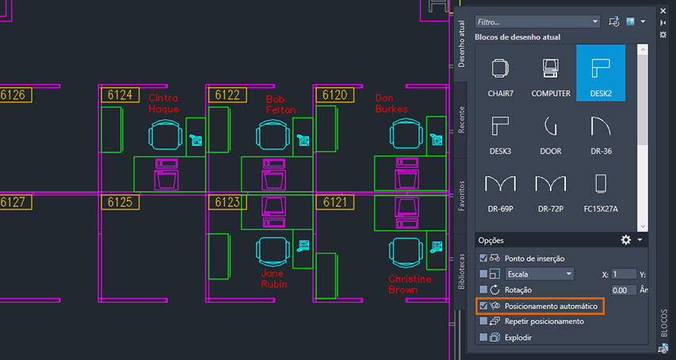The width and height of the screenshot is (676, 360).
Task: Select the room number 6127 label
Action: (x=15, y=202)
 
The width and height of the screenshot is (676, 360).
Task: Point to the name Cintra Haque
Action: (x=163, y=104)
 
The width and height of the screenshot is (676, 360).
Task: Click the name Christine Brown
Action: (x=410, y=284)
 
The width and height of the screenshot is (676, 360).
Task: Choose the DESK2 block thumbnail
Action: (x=600, y=73)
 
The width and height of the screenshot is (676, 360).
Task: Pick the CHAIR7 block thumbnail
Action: (x=500, y=73)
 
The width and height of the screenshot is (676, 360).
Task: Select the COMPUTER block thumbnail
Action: (x=550, y=73)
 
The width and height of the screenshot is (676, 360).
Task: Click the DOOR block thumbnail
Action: (x=550, y=131)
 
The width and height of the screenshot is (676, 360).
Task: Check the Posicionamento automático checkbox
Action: (x=483, y=305)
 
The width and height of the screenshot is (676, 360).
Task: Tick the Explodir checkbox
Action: (x=483, y=337)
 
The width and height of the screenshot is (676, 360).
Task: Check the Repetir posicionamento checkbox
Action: (x=483, y=321)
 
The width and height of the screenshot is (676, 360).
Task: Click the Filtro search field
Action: (x=537, y=21)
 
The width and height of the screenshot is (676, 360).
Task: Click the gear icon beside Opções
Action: (x=626, y=239)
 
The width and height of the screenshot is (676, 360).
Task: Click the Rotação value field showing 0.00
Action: (x=624, y=290)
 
